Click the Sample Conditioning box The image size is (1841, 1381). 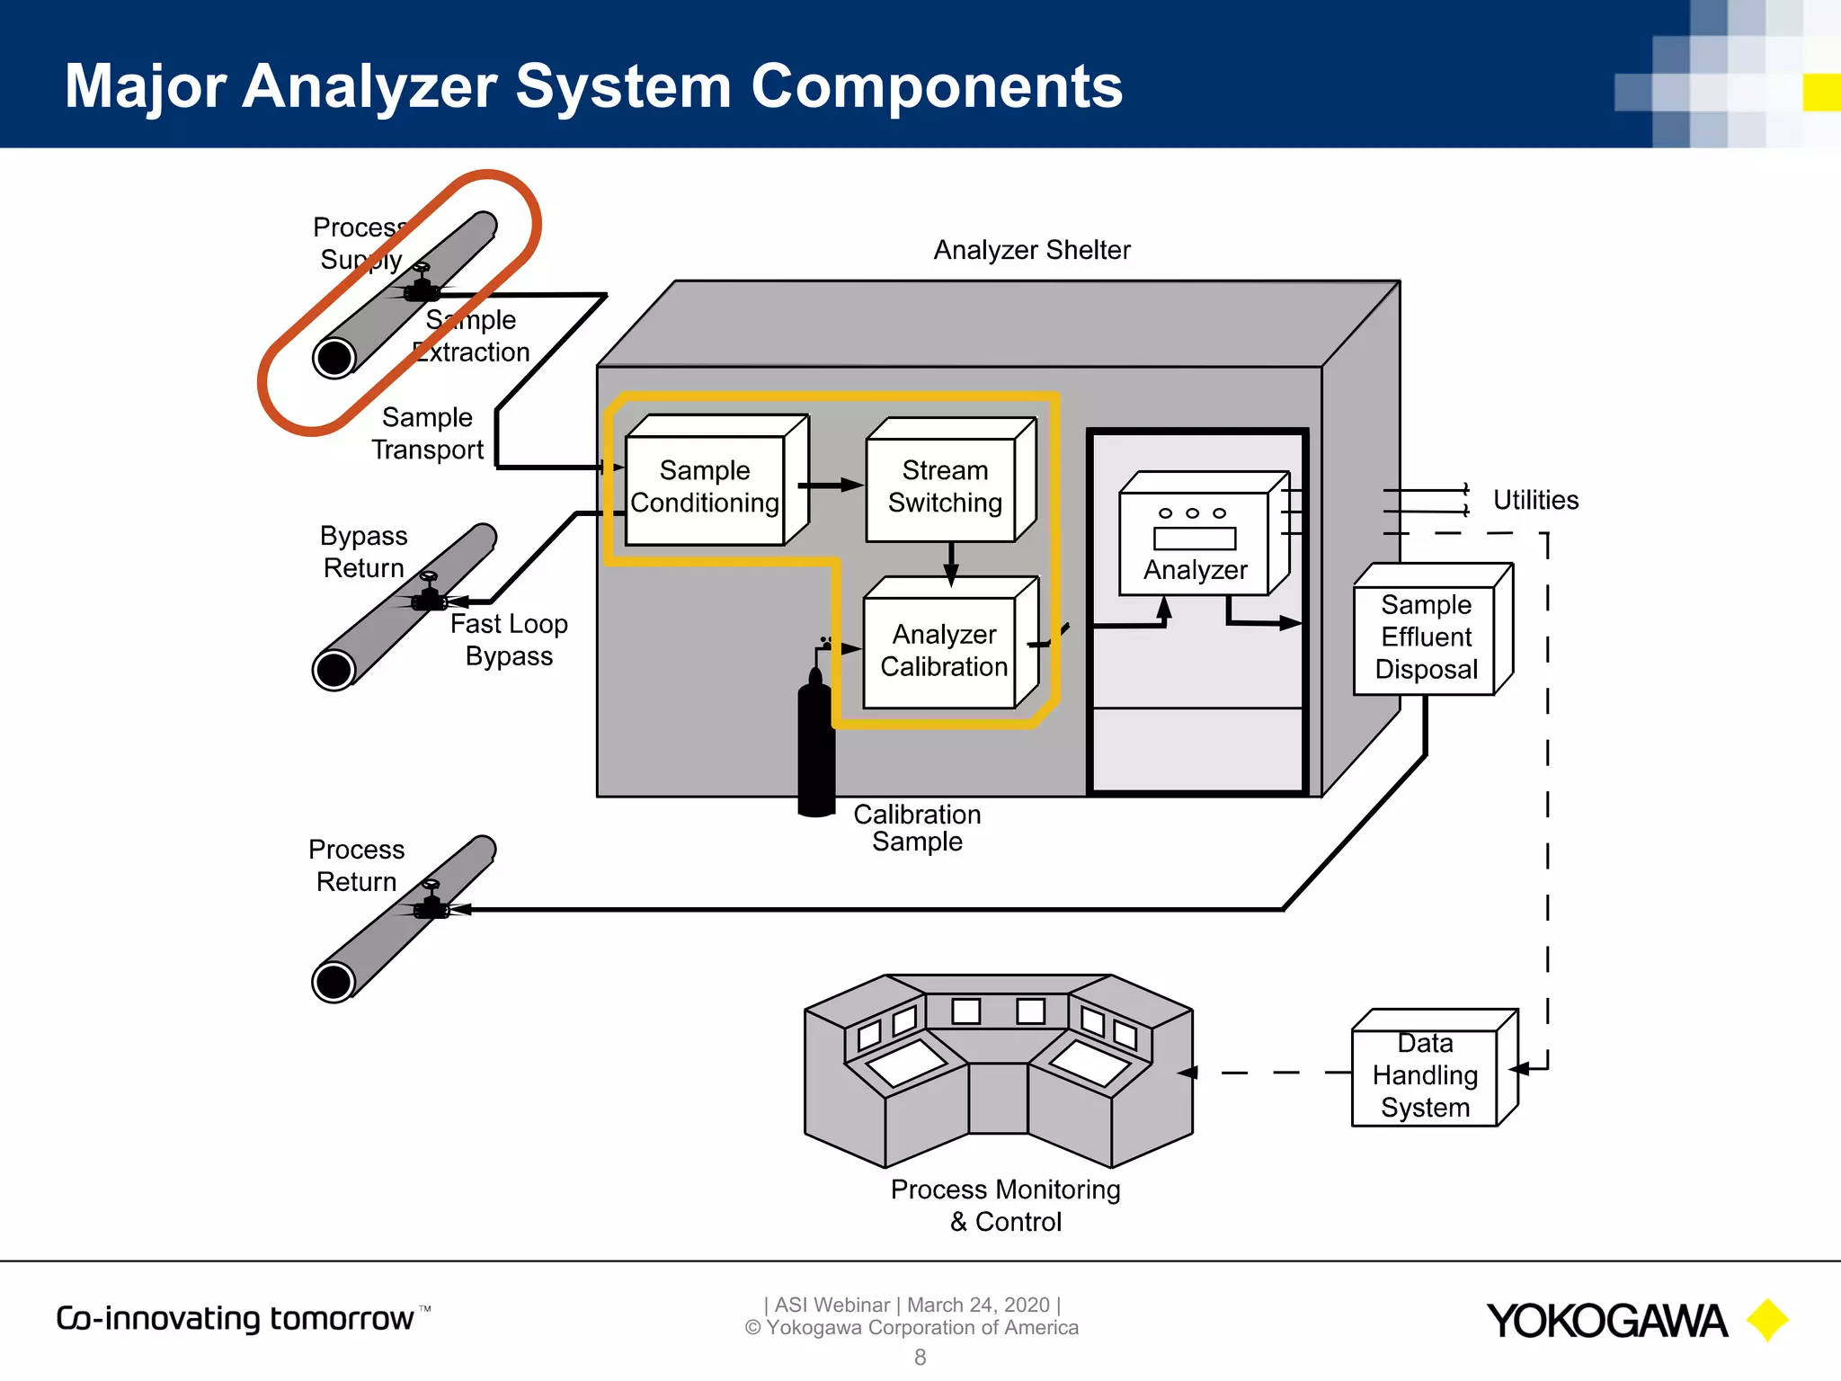click(705, 488)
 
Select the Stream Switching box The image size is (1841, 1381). click(943, 488)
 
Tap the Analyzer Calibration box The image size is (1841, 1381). click(942, 651)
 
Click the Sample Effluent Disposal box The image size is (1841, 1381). click(1426, 637)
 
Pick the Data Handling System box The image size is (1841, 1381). click(1425, 1075)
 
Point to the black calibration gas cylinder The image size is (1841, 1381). click(816, 746)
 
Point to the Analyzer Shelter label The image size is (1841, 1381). click(1031, 250)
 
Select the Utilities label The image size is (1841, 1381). click(1534, 500)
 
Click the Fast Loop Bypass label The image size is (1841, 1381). click(509, 639)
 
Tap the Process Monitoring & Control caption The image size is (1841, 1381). click(1005, 1205)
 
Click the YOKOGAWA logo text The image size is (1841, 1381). click(1606, 1321)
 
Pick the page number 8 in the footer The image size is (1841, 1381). click(920, 1357)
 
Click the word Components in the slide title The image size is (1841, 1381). click(936, 86)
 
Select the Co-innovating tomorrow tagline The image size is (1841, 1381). click(236, 1318)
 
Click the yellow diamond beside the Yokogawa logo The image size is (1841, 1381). click(1767, 1320)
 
